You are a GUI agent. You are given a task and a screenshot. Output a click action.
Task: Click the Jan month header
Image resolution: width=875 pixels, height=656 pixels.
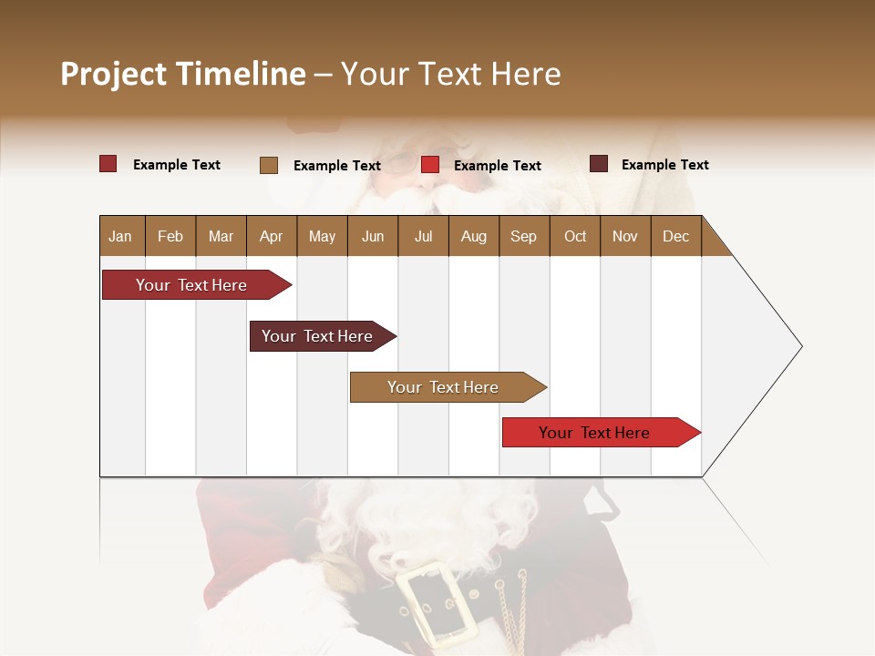point(120,236)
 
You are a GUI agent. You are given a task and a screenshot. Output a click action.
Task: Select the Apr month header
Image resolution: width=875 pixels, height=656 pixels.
point(271,236)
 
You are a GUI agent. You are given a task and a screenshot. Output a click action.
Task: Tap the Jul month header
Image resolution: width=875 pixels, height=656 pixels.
point(423,236)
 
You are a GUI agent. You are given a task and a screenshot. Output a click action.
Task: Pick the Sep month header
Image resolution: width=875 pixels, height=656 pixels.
point(523,236)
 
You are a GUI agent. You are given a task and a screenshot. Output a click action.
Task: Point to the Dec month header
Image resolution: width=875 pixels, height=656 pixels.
point(675,236)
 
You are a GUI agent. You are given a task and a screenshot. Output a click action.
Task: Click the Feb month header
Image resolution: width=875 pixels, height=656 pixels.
point(170,236)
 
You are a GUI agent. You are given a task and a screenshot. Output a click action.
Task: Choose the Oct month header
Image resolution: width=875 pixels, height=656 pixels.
point(575,236)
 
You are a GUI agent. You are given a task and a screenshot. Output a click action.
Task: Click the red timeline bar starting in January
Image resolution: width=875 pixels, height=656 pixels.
point(192,285)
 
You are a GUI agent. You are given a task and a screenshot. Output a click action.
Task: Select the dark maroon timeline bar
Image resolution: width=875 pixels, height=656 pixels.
point(318,336)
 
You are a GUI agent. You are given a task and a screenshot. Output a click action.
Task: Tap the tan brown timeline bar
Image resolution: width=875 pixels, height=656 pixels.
point(444,387)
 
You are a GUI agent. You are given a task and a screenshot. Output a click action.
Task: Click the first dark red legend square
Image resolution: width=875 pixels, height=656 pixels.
point(108,164)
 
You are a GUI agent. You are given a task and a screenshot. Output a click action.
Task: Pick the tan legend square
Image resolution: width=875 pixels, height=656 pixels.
point(269,165)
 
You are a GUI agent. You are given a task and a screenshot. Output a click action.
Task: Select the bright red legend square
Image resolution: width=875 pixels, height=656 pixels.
point(430,165)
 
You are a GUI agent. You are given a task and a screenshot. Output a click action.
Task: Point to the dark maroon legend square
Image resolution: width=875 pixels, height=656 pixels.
point(599,164)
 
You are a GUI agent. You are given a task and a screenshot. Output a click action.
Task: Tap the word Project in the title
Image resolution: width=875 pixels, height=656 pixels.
point(114,74)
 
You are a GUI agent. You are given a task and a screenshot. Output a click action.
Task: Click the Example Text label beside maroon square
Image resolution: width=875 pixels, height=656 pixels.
point(664,165)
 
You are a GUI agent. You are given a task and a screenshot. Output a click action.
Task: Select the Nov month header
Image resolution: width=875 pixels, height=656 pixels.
point(625,236)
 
